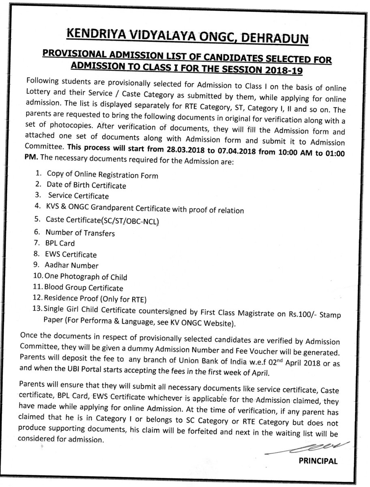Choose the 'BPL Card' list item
point(60,244)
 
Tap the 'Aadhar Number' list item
point(72,266)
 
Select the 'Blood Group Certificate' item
point(84,288)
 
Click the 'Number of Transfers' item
point(80,233)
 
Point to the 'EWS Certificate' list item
point(71,255)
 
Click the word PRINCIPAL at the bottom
point(318,461)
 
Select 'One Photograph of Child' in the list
point(86,277)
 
